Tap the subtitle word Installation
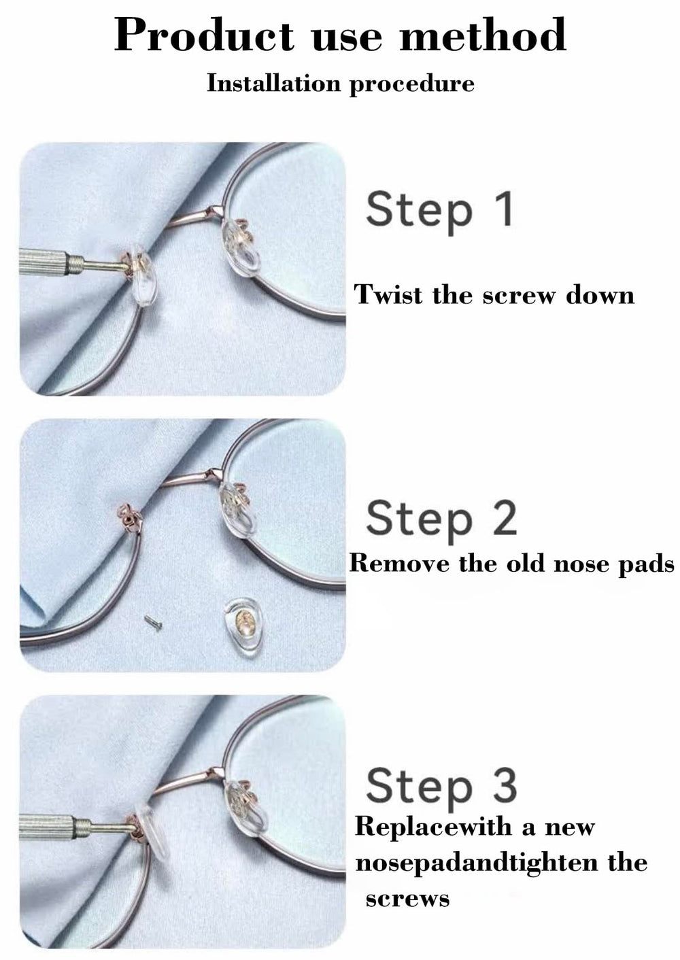click(x=273, y=83)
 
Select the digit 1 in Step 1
click(x=504, y=209)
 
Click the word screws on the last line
click(x=407, y=899)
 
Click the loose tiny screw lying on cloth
click(x=154, y=622)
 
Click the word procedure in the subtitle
click(x=412, y=84)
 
